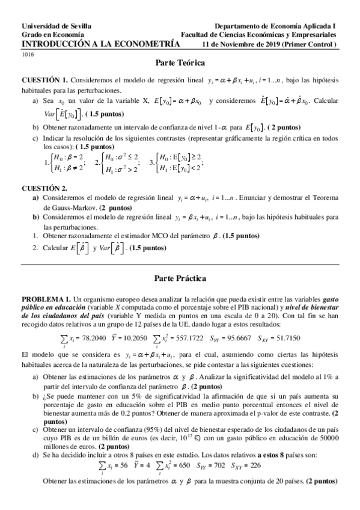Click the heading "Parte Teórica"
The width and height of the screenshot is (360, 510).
coord(180,63)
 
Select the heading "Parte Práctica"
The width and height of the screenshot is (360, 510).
coord(180,278)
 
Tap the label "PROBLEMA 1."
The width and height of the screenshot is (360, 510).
coord(46,298)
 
